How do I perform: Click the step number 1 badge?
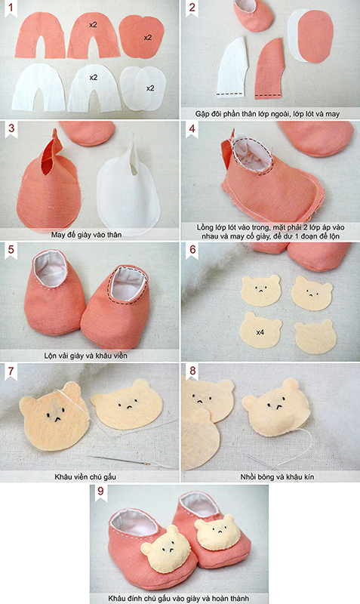point(11,8)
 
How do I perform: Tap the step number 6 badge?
point(192,251)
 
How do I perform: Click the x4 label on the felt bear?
point(260,331)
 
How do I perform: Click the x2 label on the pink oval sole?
point(148,38)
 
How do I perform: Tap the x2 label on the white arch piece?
point(93,78)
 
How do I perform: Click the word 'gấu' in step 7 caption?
point(109,477)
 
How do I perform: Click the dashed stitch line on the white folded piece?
point(230,94)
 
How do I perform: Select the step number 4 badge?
point(192,129)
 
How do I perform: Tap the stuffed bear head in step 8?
point(276,408)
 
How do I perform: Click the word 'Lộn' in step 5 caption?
point(51,356)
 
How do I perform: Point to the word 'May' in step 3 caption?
point(58,235)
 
